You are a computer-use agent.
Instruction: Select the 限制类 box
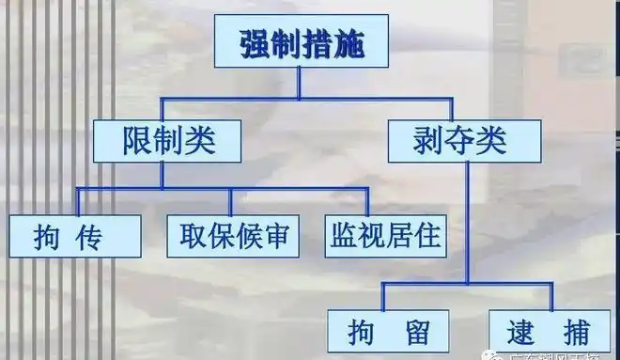coord(169,140)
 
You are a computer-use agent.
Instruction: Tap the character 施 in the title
coord(349,43)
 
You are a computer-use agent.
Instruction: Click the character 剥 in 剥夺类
coord(428,140)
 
